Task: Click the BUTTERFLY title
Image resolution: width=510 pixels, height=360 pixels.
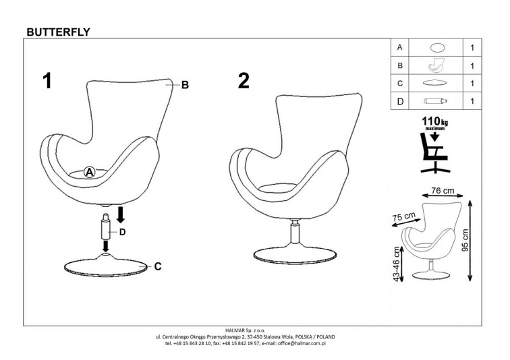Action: tap(57, 31)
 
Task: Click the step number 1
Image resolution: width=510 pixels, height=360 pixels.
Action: tap(47, 81)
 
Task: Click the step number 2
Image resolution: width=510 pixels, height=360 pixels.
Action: tap(244, 81)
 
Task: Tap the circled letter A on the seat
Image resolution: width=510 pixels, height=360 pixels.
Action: tap(88, 173)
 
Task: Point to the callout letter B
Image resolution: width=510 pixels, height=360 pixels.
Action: tap(184, 85)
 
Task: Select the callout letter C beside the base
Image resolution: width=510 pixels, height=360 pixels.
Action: tap(158, 266)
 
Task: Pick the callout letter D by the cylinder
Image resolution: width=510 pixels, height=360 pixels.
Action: tap(123, 232)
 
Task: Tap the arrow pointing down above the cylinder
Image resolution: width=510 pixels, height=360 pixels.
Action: tap(121, 215)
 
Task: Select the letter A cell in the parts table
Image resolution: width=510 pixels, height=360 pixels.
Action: tap(400, 48)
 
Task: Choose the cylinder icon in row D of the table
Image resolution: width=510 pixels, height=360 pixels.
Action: tap(436, 101)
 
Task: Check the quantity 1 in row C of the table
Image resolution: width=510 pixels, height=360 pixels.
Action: tap(472, 84)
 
